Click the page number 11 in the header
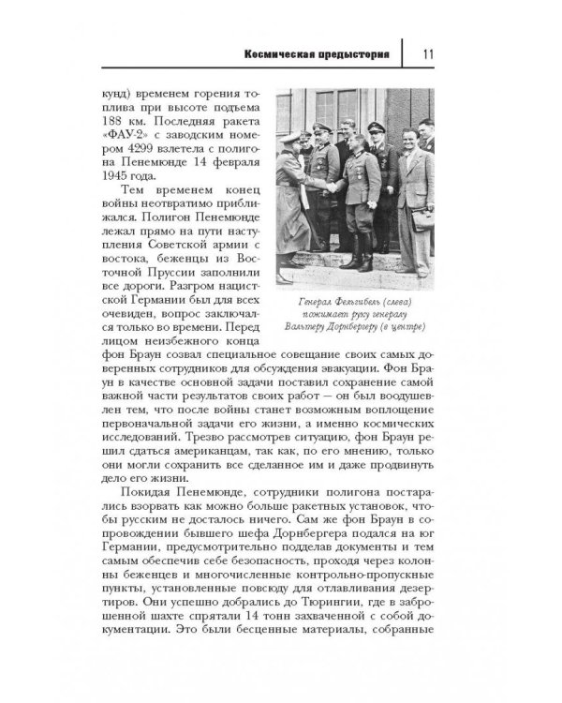click(x=425, y=53)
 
